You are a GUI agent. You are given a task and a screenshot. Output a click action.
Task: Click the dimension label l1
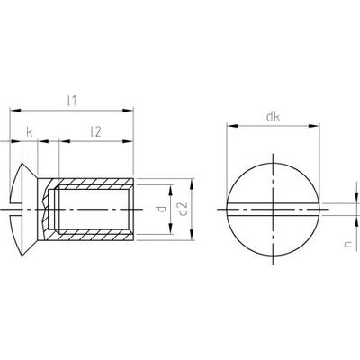[x=72, y=101]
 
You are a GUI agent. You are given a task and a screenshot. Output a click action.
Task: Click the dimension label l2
[x=95, y=131]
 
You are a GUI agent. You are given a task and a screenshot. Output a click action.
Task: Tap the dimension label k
[x=30, y=132]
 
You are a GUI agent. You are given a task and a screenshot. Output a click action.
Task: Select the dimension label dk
[x=273, y=117]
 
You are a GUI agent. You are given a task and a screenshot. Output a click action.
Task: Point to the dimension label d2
[x=183, y=209]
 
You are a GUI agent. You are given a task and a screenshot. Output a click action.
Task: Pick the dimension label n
[x=347, y=245]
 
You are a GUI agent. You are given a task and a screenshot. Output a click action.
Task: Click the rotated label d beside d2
[x=162, y=209]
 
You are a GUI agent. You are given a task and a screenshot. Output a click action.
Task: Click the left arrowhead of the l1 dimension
[x=15, y=111]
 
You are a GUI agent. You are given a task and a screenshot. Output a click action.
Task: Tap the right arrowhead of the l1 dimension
[x=128, y=111]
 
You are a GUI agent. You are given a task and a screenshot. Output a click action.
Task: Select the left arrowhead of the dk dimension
[x=232, y=126]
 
